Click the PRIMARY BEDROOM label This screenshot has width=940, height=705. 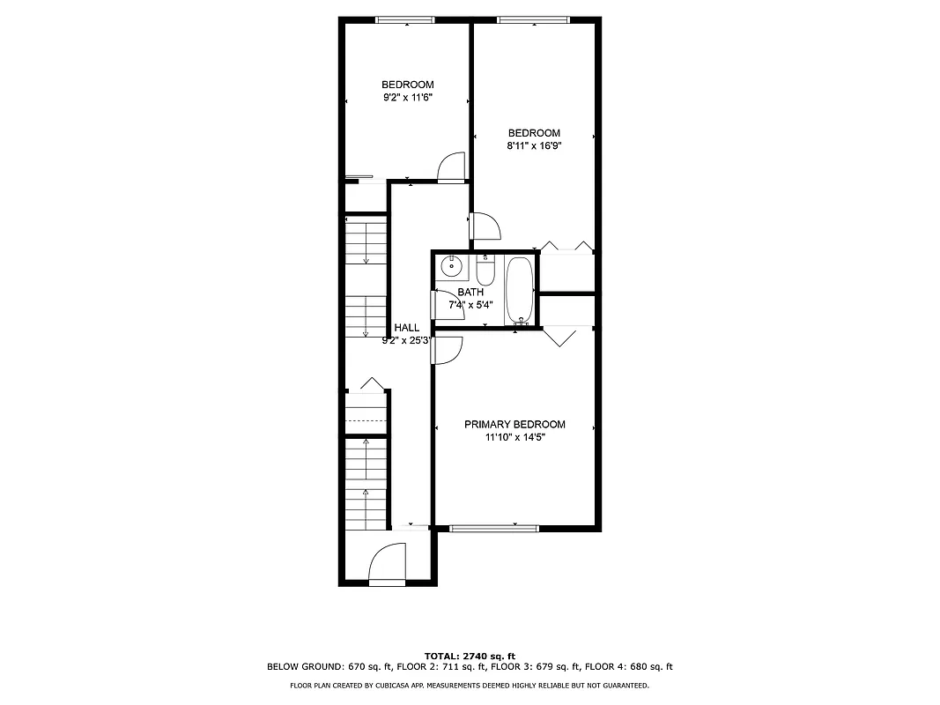514,424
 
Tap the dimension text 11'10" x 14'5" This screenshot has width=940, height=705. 514,437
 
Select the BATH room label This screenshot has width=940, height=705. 470,292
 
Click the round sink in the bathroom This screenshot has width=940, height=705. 452,265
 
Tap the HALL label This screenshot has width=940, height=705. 407,327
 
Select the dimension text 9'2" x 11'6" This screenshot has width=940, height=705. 407,98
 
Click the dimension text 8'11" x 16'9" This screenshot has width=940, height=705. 534,146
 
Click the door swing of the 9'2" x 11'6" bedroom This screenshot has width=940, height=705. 452,167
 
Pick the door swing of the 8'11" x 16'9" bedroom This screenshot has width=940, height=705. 486,226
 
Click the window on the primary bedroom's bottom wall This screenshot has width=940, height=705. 493,528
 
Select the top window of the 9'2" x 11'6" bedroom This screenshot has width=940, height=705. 405,19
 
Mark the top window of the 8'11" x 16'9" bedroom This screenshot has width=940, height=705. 533,19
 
